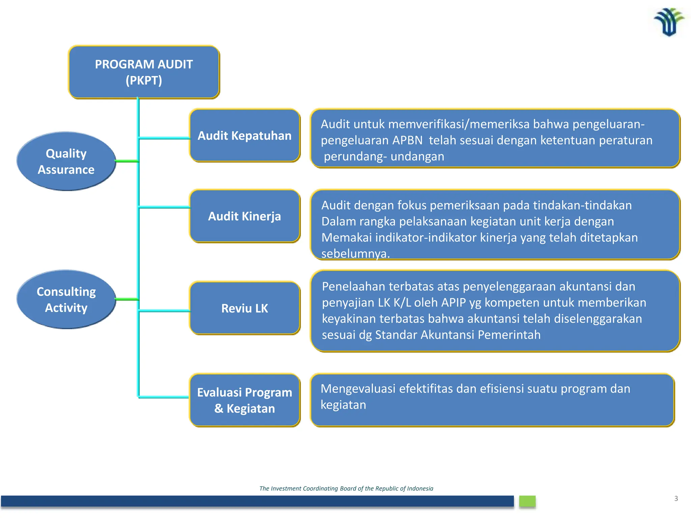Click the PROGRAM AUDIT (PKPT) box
point(144,72)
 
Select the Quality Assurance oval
point(66,162)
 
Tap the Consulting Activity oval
point(66,299)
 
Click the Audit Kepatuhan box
point(245,136)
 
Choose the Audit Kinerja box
point(245,216)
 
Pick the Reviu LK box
point(245,308)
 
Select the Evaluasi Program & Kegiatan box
point(245,400)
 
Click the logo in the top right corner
point(669,22)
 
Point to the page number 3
point(676,498)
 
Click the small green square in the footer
point(527,501)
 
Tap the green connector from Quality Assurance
point(127,161)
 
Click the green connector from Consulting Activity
point(127,299)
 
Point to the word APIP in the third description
point(454,303)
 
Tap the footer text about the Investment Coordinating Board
point(346,488)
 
